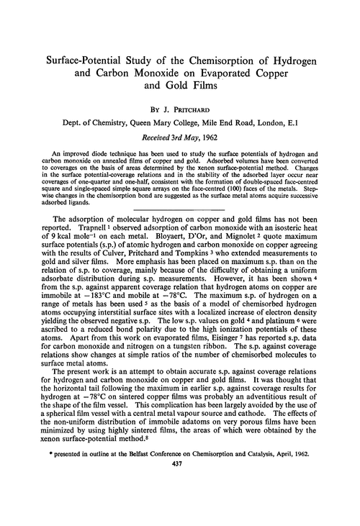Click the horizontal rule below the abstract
point(180,232)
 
